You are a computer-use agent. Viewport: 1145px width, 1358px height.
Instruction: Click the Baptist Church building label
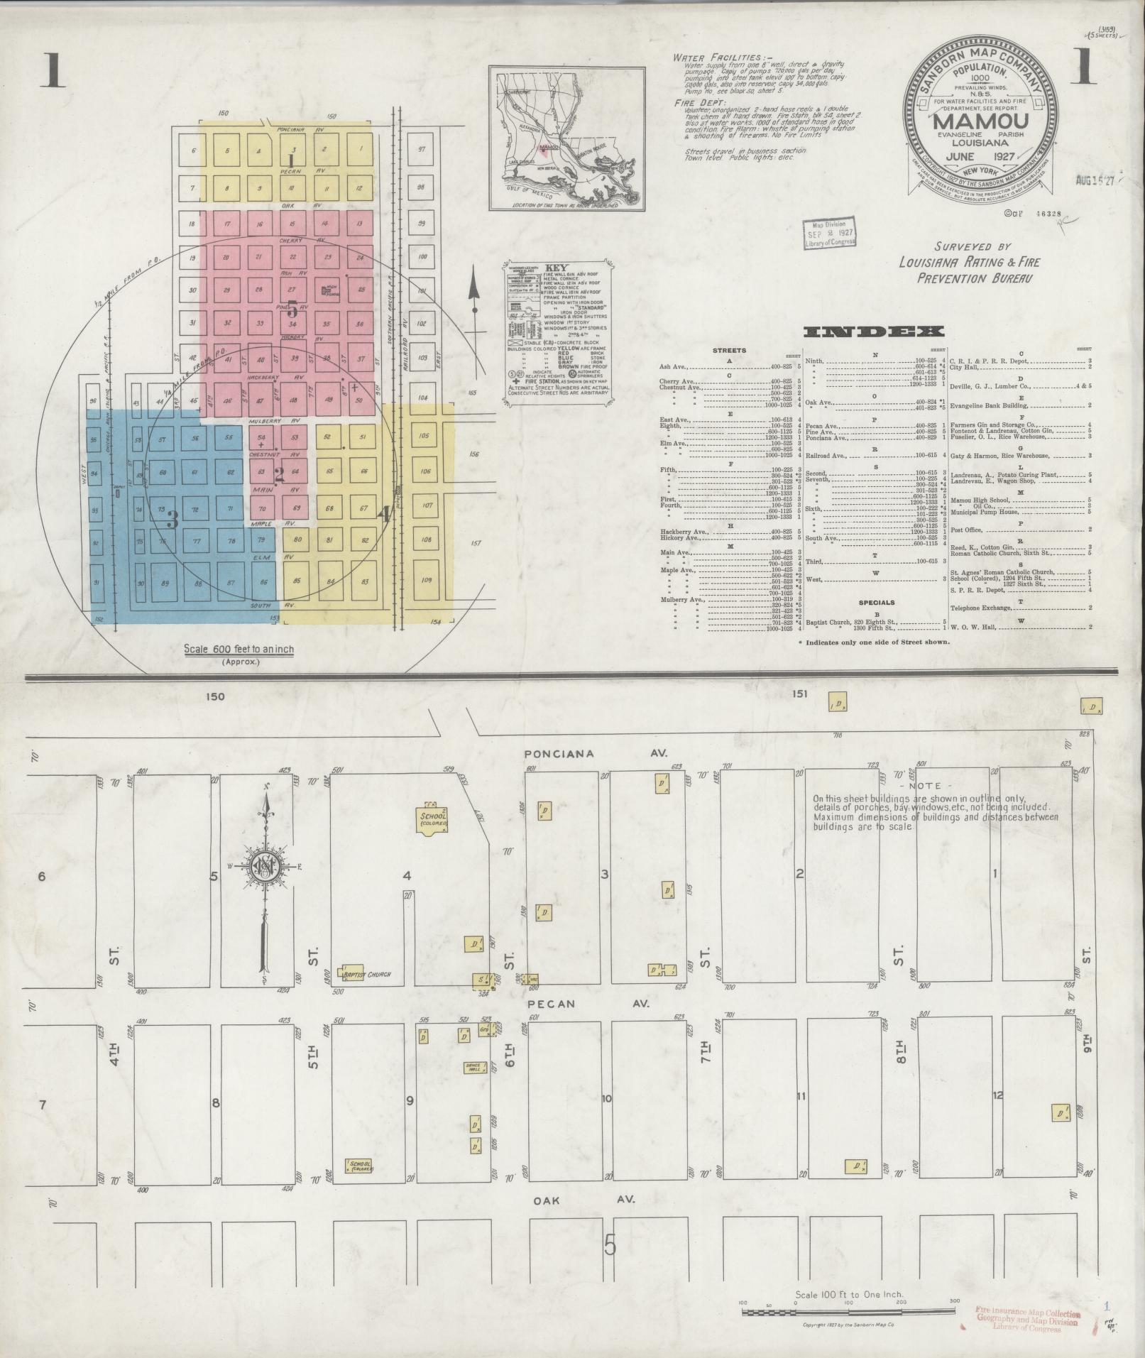(x=367, y=975)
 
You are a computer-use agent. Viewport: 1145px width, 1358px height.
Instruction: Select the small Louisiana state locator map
(x=566, y=138)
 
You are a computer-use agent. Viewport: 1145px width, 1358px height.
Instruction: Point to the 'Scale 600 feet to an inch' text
(x=239, y=649)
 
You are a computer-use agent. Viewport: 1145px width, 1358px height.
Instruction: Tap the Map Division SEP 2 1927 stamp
(x=829, y=232)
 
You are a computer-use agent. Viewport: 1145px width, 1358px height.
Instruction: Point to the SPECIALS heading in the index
(x=876, y=603)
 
